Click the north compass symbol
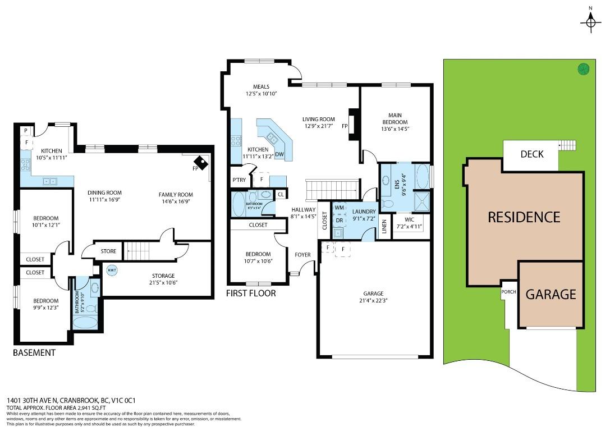point(590,22)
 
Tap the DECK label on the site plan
point(531,154)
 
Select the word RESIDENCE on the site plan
point(524,217)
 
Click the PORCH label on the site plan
point(509,291)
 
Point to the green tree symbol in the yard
point(584,69)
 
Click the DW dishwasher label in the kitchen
point(279,154)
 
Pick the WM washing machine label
point(339,208)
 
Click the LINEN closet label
point(384,227)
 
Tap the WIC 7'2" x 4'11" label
point(409,223)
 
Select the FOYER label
point(302,255)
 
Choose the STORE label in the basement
point(108,251)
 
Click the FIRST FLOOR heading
point(251,293)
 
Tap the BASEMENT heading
point(34,352)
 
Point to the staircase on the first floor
point(332,189)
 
